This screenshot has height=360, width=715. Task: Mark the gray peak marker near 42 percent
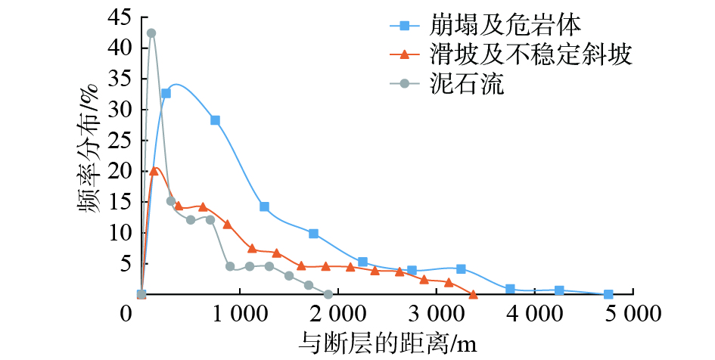151,33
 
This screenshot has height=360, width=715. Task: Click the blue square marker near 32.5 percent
166,94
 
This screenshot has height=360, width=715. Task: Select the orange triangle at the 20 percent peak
154,171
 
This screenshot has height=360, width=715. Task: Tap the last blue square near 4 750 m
608,294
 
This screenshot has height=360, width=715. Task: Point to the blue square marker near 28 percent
215,120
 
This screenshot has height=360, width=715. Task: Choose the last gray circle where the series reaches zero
328,294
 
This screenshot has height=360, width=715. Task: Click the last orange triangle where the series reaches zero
473,294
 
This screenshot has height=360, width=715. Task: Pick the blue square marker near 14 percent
264,206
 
